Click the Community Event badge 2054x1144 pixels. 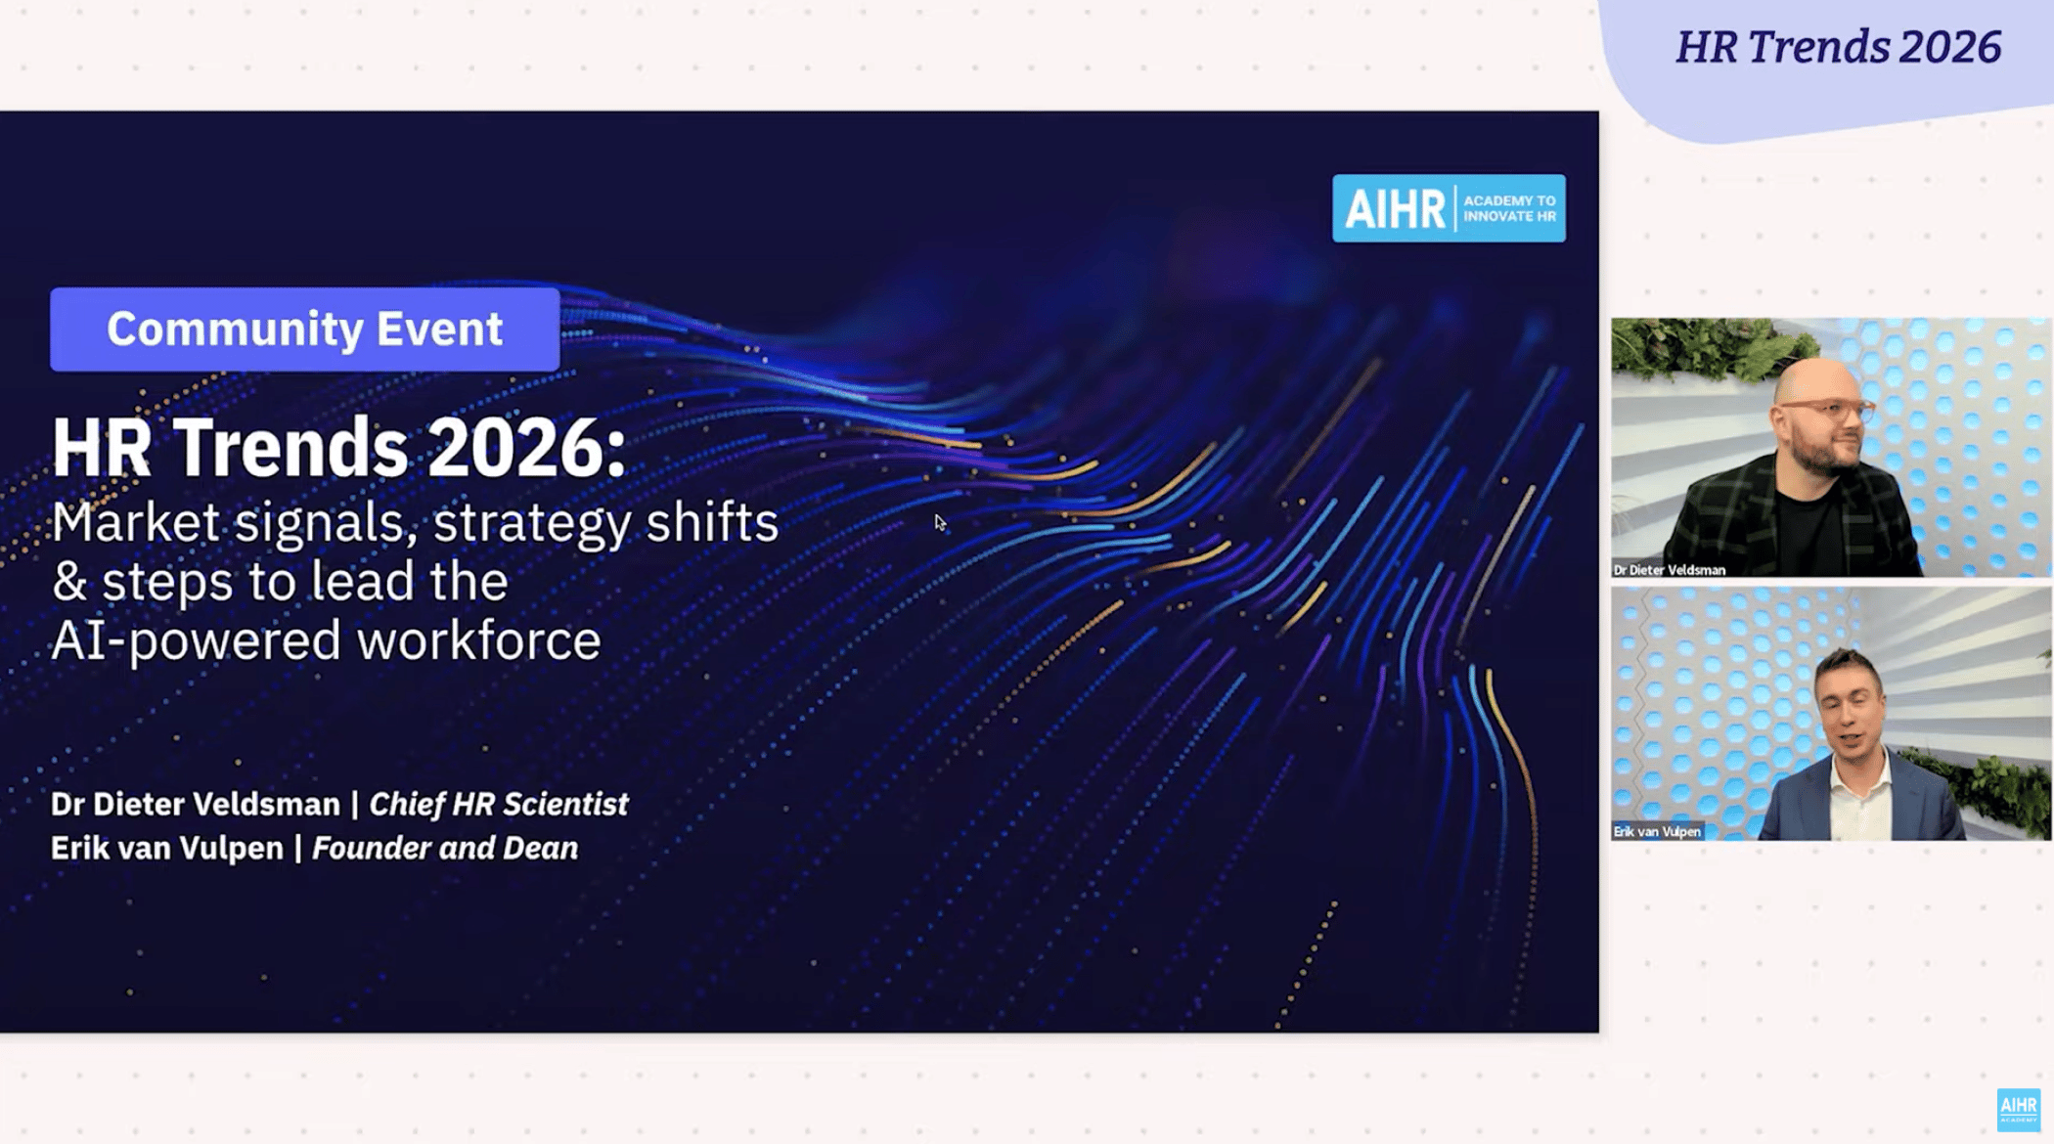click(305, 330)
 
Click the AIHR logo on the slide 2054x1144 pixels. click(1449, 208)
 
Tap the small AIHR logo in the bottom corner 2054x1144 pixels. click(2018, 1110)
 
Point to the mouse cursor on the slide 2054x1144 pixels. click(940, 523)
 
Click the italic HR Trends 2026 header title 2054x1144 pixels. click(1838, 47)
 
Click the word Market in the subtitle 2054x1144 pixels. click(136, 522)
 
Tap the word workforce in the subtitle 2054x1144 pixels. click(478, 641)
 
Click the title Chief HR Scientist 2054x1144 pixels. click(499, 804)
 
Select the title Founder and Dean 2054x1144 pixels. click(445, 848)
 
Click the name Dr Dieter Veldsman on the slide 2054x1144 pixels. click(196, 804)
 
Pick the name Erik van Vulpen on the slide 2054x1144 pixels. click(167, 848)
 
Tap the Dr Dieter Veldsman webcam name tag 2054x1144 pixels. click(1670, 570)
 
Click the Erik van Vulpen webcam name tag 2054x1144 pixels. click(1657, 831)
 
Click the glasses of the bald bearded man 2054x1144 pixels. click(1826, 409)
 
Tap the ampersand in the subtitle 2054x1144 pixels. click(69, 582)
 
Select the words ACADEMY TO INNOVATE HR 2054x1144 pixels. click(1509, 208)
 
